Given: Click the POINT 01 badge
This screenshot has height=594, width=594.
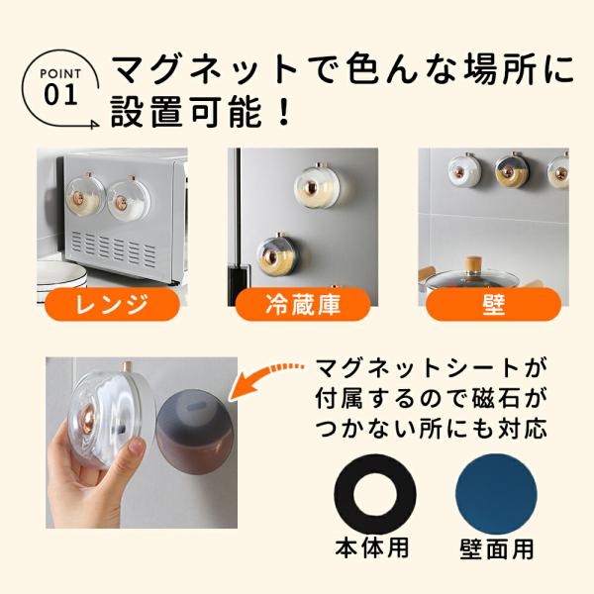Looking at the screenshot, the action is (x=60, y=89).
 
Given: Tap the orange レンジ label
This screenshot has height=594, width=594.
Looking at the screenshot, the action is (x=112, y=304).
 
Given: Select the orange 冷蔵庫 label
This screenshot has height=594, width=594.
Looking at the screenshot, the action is (x=303, y=304).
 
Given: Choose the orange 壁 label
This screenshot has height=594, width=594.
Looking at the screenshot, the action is (x=494, y=304).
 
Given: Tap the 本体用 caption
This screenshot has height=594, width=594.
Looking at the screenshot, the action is (x=372, y=547).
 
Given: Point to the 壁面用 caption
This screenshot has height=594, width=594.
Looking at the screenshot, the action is (x=497, y=548).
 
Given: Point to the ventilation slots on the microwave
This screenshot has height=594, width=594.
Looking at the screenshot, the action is (x=113, y=247).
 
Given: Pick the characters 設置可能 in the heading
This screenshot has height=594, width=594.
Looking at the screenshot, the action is (x=186, y=111).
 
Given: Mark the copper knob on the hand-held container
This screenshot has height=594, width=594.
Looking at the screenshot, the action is (x=90, y=413).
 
